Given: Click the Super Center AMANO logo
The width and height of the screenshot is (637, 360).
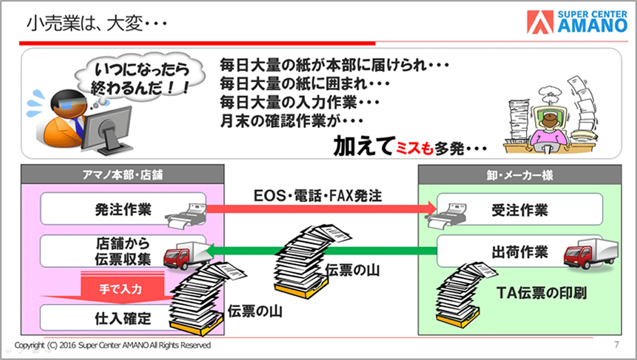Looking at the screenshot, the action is [x=578, y=22].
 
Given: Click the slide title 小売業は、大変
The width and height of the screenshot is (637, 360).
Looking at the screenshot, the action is [x=96, y=24].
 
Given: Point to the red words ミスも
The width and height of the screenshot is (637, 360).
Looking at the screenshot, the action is [x=414, y=148].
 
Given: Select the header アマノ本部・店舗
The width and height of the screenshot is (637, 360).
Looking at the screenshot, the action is [x=122, y=174].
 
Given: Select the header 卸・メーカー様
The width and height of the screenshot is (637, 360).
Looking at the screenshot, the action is [x=519, y=175].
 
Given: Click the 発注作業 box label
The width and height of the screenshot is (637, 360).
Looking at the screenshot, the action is [x=123, y=210].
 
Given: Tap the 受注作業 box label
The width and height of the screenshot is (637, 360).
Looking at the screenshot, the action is [x=519, y=210].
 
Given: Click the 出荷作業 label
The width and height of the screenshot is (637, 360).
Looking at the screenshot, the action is [x=519, y=252].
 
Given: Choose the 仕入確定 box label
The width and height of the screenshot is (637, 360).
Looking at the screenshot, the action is [x=123, y=318].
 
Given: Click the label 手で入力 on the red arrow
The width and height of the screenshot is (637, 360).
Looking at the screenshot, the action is [x=121, y=289].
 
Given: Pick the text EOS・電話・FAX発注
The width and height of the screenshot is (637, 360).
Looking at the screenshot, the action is [x=318, y=196].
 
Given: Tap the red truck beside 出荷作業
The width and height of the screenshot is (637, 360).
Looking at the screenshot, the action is [x=590, y=253].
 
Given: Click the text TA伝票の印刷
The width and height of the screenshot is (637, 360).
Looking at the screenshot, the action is [x=542, y=293].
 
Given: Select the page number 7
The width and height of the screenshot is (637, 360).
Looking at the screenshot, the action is [x=617, y=344].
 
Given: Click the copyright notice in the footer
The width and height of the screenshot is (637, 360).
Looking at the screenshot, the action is [x=112, y=345].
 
